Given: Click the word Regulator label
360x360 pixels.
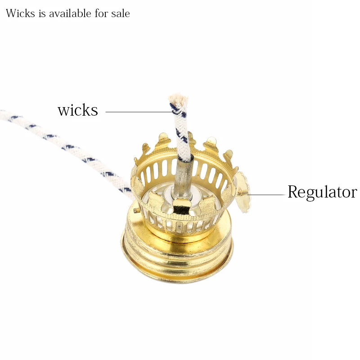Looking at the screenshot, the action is click(x=322, y=192).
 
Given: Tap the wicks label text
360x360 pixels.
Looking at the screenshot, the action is click(x=77, y=110).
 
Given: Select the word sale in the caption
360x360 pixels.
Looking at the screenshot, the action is click(x=120, y=13).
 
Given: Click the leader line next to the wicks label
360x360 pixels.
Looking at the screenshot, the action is click(x=137, y=112).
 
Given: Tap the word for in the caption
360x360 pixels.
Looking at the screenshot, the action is click(x=101, y=13).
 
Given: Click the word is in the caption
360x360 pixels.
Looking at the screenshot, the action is click(x=42, y=13).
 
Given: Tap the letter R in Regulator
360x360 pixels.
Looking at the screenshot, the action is click(x=293, y=192).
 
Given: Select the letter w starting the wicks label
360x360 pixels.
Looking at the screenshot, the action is click(x=63, y=111).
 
